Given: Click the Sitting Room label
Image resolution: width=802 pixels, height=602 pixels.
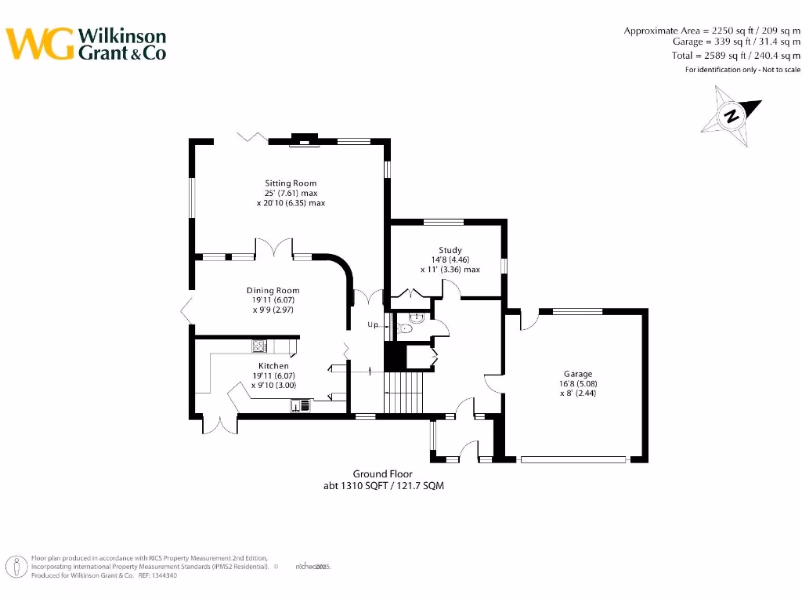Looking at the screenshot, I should tap(291, 183).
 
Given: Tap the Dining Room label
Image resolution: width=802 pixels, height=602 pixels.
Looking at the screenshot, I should tap(273, 290).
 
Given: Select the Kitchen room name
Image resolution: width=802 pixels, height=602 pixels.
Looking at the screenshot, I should tap(273, 366).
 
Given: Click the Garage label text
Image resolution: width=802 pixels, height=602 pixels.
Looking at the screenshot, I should tap(578, 374).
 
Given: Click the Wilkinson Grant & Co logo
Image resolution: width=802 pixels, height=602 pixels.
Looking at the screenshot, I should tap(86, 44).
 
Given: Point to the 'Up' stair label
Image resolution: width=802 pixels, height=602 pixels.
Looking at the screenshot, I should tap(373, 325).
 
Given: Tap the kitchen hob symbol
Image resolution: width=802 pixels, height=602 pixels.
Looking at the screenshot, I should tap(259, 346).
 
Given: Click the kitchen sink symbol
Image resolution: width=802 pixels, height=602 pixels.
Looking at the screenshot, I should tap(301, 405).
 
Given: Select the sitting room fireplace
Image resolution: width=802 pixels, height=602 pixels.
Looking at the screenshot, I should tap(304, 142).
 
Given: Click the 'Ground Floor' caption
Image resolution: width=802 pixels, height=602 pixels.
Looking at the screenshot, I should tap(382, 474).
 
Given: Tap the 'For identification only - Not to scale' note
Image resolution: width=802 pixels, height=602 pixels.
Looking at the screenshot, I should tap(742, 70).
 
